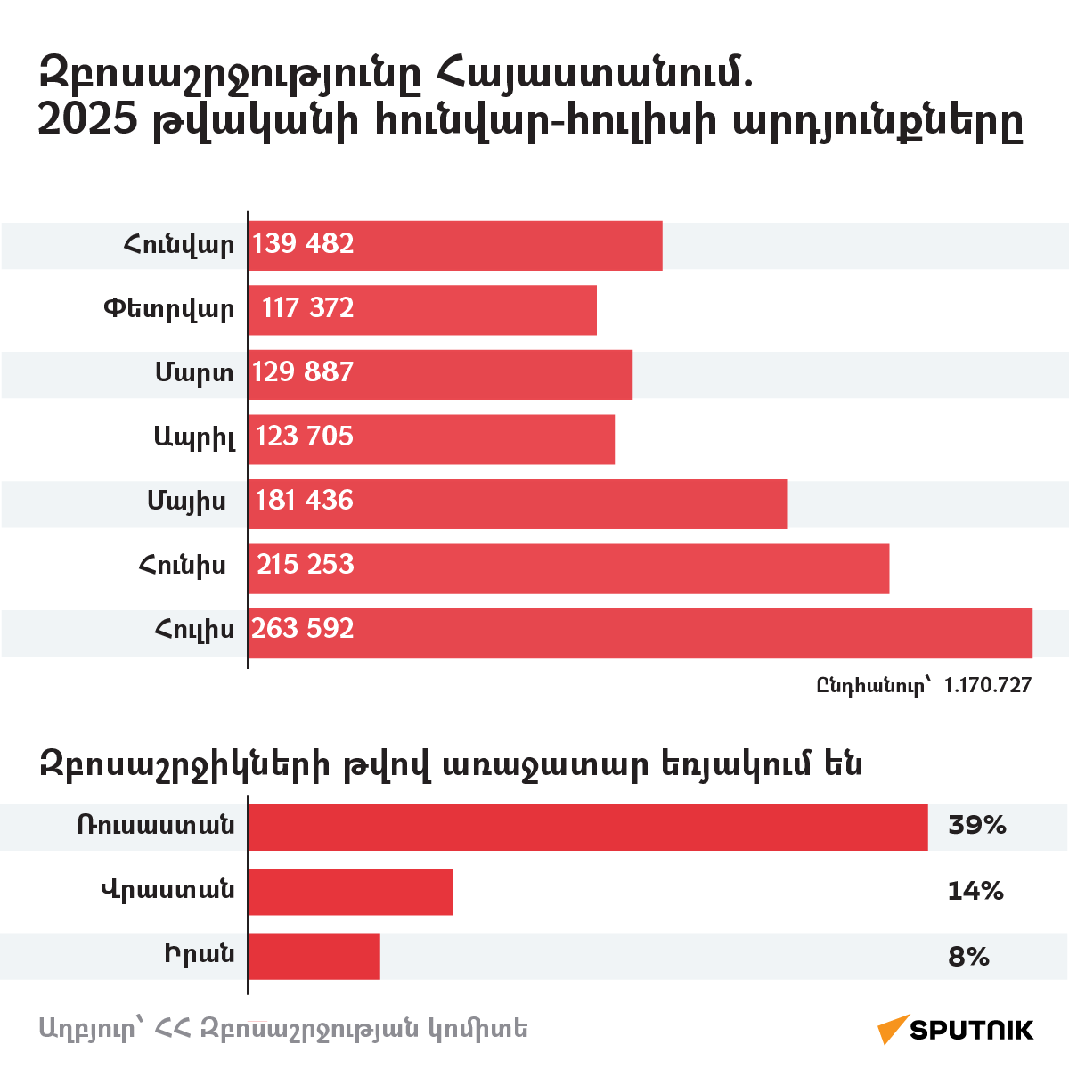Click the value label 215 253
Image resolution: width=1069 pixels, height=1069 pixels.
(306, 565)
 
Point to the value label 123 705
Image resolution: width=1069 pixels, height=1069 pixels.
(305, 437)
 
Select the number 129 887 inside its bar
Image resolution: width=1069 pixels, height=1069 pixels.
(303, 372)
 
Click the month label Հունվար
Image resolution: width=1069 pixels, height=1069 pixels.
(179, 245)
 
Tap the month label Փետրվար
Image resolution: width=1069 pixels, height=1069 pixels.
(169, 309)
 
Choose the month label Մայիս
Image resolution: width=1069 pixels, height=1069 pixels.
(186, 502)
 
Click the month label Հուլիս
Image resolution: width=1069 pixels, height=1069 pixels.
(194, 630)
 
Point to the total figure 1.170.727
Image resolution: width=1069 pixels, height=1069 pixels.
(987, 685)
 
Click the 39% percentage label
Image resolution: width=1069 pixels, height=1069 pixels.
(976, 825)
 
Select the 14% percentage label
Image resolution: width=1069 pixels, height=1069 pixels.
(975, 891)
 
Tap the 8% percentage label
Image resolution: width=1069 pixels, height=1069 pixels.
(968, 957)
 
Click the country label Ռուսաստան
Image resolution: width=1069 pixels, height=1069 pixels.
(156, 826)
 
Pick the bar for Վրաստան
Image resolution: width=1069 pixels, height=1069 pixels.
(350, 892)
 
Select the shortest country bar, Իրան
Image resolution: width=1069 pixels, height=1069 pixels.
(314, 957)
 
